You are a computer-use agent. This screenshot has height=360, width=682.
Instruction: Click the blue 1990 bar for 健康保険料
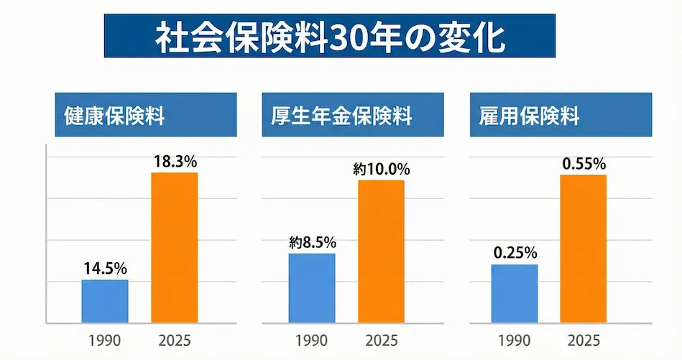105,301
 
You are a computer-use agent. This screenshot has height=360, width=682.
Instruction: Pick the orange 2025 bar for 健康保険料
175,248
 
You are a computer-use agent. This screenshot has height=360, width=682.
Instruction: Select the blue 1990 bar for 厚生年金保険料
311,288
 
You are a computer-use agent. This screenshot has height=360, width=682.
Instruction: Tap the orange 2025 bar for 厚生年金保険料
381,251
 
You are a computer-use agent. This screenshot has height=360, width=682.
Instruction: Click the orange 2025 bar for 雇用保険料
584,249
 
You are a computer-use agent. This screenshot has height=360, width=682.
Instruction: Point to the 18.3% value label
175,162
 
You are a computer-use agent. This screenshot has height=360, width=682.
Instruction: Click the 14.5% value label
105,269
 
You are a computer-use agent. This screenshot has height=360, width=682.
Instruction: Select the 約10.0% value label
381,170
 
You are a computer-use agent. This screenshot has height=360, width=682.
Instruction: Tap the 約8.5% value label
311,243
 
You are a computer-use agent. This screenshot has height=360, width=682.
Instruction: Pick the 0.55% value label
584,164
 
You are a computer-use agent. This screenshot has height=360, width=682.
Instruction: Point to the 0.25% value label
514,254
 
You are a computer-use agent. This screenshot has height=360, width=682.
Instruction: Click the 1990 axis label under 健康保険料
105,341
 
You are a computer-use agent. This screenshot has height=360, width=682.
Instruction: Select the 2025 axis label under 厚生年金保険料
381,341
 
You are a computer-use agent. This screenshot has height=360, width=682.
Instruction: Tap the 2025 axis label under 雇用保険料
584,341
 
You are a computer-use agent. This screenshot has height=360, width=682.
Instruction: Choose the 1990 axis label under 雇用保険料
514,341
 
